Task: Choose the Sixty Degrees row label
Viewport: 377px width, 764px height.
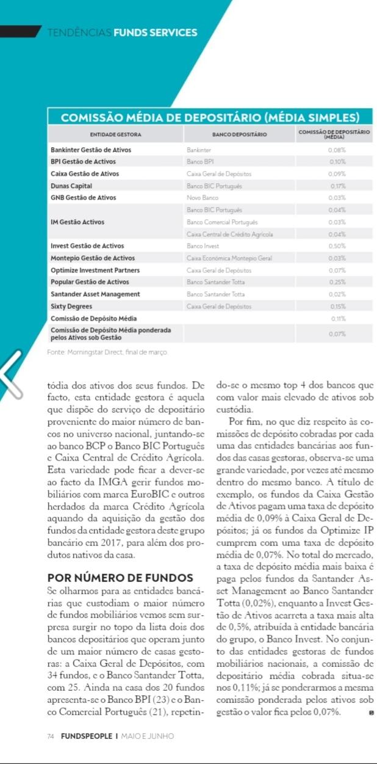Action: coord(71,306)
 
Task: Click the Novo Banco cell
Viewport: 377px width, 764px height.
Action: coord(203,198)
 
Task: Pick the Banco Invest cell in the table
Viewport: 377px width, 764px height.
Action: coord(203,246)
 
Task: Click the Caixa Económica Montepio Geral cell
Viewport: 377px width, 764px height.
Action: coord(229,258)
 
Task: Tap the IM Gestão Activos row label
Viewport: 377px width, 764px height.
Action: coord(77,222)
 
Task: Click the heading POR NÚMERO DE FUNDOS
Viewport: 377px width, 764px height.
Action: coord(120,578)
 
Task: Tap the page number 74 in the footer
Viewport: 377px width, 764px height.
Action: coord(51,736)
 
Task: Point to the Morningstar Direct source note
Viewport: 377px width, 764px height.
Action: coord(107,352)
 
